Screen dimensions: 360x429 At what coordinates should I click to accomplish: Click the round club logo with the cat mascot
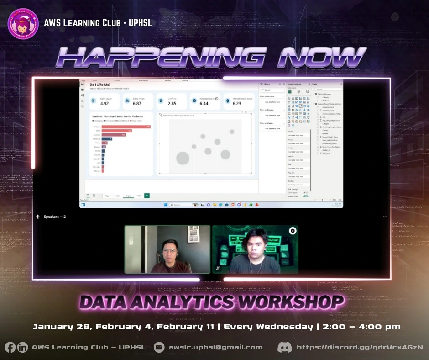point(23,23)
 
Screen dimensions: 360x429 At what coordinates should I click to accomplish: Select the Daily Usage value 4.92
point(105,104)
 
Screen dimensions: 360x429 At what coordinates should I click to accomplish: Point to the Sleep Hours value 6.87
point(137,104)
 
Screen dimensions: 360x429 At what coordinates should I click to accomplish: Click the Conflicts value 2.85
point(172,104)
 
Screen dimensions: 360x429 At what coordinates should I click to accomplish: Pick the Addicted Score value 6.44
point(204,104)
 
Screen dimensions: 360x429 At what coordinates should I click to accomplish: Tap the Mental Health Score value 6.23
point(237,104)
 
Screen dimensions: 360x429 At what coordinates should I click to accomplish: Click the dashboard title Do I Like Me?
point(99,85)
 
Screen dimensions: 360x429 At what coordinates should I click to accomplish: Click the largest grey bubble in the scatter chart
point(183,158)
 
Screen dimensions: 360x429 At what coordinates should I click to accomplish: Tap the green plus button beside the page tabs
point(147,196)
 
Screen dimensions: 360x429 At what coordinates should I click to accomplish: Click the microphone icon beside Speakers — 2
point(38,217)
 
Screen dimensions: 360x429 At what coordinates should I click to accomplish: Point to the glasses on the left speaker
point(168,251)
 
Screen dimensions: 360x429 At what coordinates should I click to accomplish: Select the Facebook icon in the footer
point(10,347)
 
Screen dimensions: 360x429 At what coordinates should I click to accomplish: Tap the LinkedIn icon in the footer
point(22,347)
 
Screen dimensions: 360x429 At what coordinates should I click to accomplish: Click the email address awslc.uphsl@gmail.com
point(215,347)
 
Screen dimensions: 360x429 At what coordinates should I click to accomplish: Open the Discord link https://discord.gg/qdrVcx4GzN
point(360,347)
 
